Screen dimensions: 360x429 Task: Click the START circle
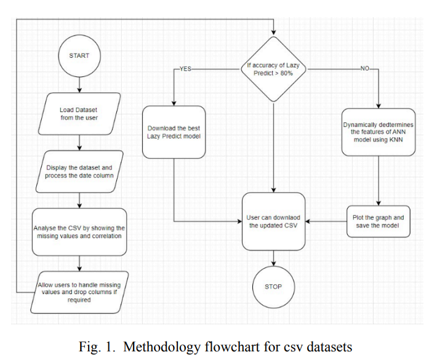79,55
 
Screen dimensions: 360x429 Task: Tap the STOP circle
273,287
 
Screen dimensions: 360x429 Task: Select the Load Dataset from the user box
79,114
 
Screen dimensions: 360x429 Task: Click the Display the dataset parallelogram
79,172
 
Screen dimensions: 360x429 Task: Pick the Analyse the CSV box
79,231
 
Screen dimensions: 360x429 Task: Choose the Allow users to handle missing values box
79,289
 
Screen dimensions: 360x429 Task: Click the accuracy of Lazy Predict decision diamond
273,69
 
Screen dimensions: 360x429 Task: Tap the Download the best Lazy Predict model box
174,132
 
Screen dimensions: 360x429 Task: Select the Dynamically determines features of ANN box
377,132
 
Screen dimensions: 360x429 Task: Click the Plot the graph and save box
377,222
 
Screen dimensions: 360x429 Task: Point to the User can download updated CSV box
273,222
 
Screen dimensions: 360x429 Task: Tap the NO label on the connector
364,69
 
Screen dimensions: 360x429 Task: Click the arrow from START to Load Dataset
79,86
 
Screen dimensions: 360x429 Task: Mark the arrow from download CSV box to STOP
273,257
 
